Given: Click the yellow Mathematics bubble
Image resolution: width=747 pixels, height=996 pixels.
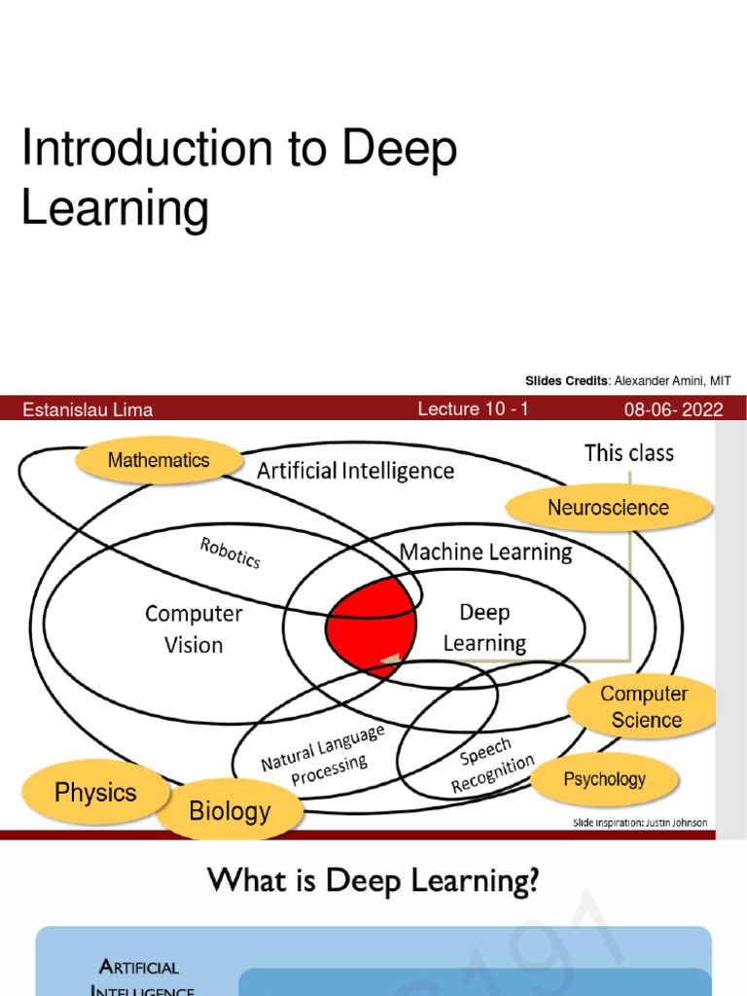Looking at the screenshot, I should (x=159, y=460).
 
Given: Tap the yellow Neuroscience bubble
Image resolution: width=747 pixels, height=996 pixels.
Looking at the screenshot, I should (x=608, y=507).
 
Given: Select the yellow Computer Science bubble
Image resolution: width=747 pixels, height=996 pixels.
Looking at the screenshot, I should (x=644, y=707).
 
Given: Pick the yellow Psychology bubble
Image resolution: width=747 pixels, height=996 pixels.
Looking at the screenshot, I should (x=604, y=779).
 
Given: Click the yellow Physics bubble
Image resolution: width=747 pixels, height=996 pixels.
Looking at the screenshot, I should (x=95, y=793).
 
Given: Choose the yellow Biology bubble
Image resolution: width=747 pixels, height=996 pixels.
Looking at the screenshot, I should (x=230, y=810).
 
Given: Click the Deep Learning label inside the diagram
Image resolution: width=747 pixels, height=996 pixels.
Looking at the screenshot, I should (x=484, y=627).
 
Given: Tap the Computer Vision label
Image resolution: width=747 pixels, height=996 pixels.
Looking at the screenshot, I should (x=194, y=628).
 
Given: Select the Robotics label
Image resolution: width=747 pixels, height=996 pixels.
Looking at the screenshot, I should (x=231, y=553).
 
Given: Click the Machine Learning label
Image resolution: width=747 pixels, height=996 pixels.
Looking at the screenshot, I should (x=486, y=552).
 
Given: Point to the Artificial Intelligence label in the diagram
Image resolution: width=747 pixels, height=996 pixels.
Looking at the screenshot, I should (x=355, y=472).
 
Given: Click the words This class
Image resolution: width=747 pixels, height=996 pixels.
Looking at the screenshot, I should (x=628, y=452).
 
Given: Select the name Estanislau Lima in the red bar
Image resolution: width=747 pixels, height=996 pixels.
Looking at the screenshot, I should (x=88, y=409).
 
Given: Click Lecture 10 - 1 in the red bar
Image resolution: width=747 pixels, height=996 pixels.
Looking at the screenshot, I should (x=473, y=409).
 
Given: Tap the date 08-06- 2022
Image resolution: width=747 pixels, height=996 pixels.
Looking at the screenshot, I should (x=673, y=409).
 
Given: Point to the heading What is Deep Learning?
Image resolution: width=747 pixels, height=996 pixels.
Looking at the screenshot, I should (x=373, y=881).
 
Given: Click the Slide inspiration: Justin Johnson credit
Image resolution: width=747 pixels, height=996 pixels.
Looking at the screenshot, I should (x=639, y=823).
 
